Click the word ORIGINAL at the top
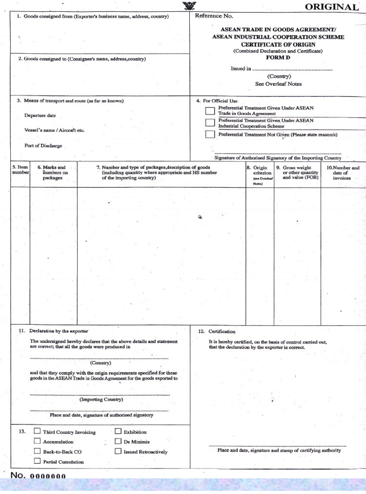331,7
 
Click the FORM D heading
278,57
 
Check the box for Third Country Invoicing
37,431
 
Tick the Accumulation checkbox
37,441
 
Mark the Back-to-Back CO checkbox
37,451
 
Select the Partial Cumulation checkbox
37,461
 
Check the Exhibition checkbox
118,431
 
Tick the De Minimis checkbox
118,441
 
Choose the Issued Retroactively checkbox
118,451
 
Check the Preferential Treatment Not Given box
210,134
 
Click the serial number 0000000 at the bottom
48,476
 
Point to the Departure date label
40,115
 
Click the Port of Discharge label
43,146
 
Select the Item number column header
20,170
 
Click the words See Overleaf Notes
279,84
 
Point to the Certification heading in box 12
222,332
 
